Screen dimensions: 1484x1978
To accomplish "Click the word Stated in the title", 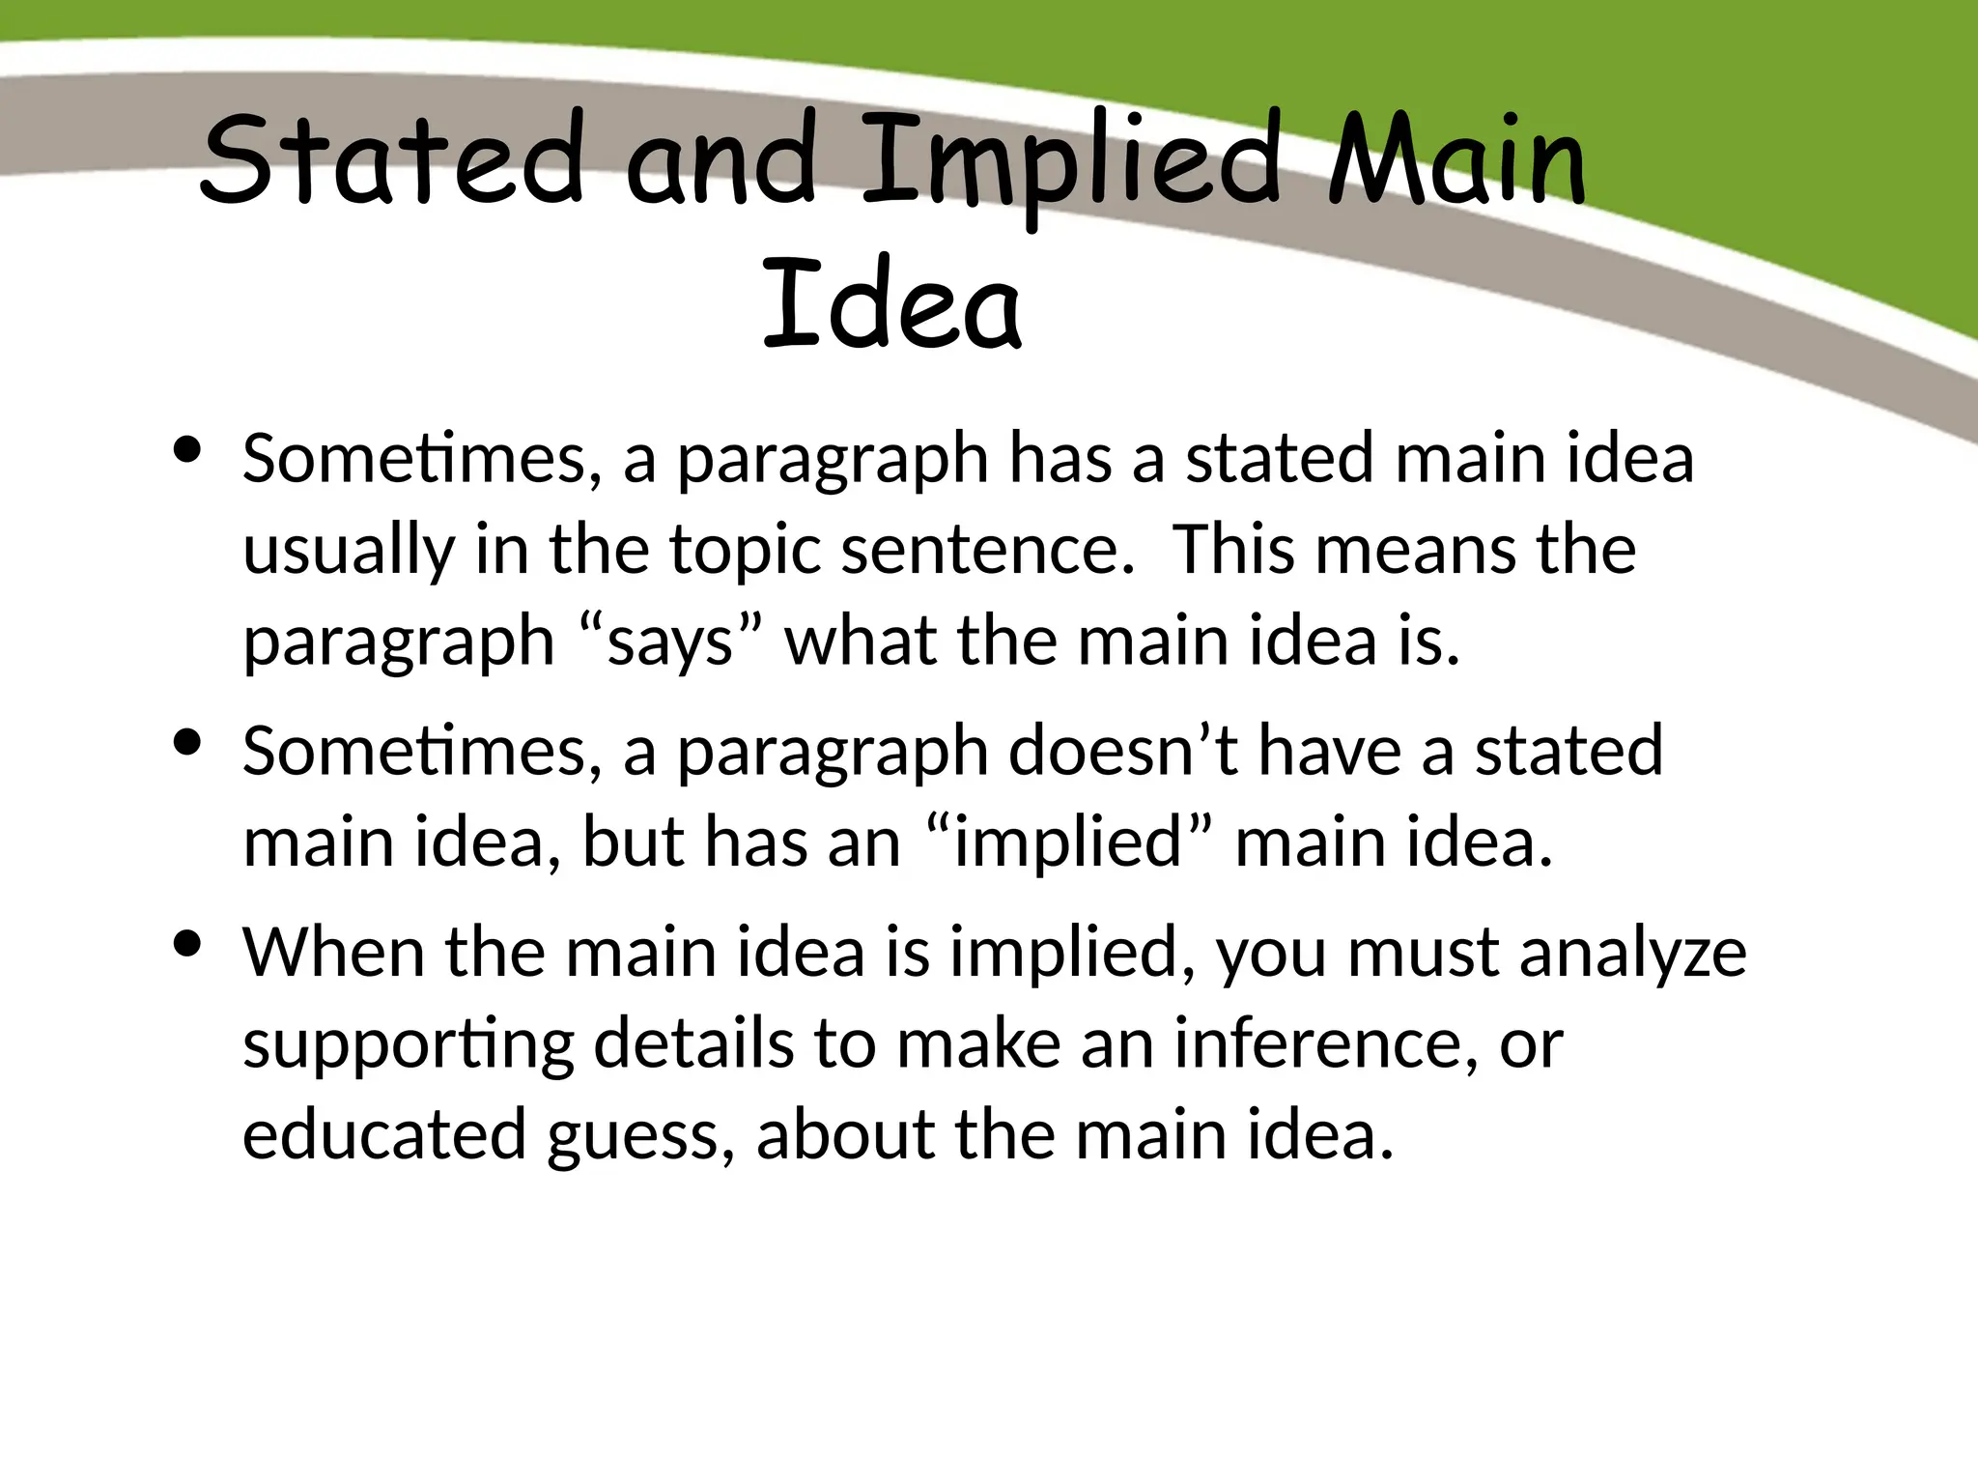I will pos(391,159).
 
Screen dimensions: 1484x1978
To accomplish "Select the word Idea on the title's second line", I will pos(890,304).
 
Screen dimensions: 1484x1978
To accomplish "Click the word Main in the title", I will pos(1456,159).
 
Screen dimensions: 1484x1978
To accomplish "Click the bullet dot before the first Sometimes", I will pos(186,449).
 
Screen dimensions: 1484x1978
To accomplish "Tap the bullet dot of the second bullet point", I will pos(186,742).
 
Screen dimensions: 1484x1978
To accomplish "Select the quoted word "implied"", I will pos(1068,842).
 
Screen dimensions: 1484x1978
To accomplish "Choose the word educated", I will pos(383,1134).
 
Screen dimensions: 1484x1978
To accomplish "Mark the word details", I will pos(692,1043).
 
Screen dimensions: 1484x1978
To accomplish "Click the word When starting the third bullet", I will pos(332,953).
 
